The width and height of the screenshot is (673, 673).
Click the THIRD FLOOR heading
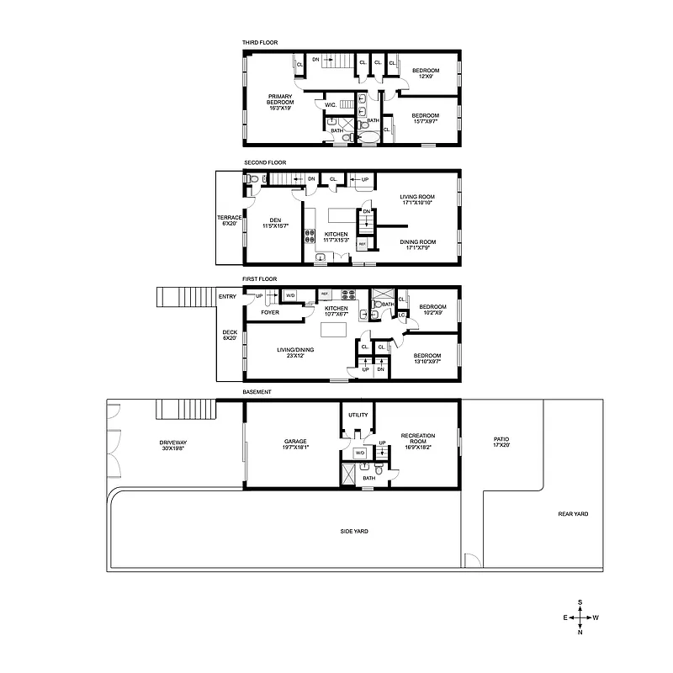[x=259, y=42]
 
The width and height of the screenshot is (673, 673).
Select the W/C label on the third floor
[x=331, y=104]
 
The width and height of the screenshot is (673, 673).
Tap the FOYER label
[x=270, y=312]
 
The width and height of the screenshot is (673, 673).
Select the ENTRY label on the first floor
[x=227, y=296]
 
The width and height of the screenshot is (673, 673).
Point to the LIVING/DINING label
[x=295, y=352]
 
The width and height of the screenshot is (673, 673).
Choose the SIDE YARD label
[x=354, y=531]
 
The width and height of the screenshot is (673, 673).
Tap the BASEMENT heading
[x=257, y=391]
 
